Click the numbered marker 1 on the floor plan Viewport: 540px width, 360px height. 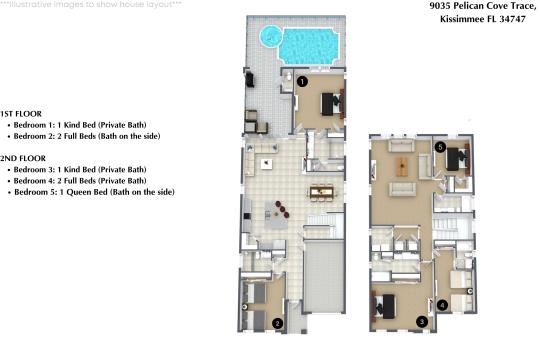[302, 82]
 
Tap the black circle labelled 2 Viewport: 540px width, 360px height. [278, 323]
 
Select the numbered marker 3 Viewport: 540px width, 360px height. [422, 322]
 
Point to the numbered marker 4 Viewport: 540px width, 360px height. [442, 305]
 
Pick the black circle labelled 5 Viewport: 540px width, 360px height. [440, 147]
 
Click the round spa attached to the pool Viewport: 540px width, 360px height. [270, 36]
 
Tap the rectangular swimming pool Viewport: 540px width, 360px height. [309, 46]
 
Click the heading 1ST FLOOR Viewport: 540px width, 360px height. [21, 114]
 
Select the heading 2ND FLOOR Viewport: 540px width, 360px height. [23, 158]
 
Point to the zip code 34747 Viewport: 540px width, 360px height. [512, 19]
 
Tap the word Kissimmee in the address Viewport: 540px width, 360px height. [462, 19]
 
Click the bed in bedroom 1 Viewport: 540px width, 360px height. [331, 104]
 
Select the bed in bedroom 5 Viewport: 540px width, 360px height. [456, 158]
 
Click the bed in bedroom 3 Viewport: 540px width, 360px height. [385, 306]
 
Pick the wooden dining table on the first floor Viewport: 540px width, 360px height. [322, 192]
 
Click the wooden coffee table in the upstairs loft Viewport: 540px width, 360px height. [402, 167]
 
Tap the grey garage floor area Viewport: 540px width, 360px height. [324, 276]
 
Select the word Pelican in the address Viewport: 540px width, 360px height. [468, 6]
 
